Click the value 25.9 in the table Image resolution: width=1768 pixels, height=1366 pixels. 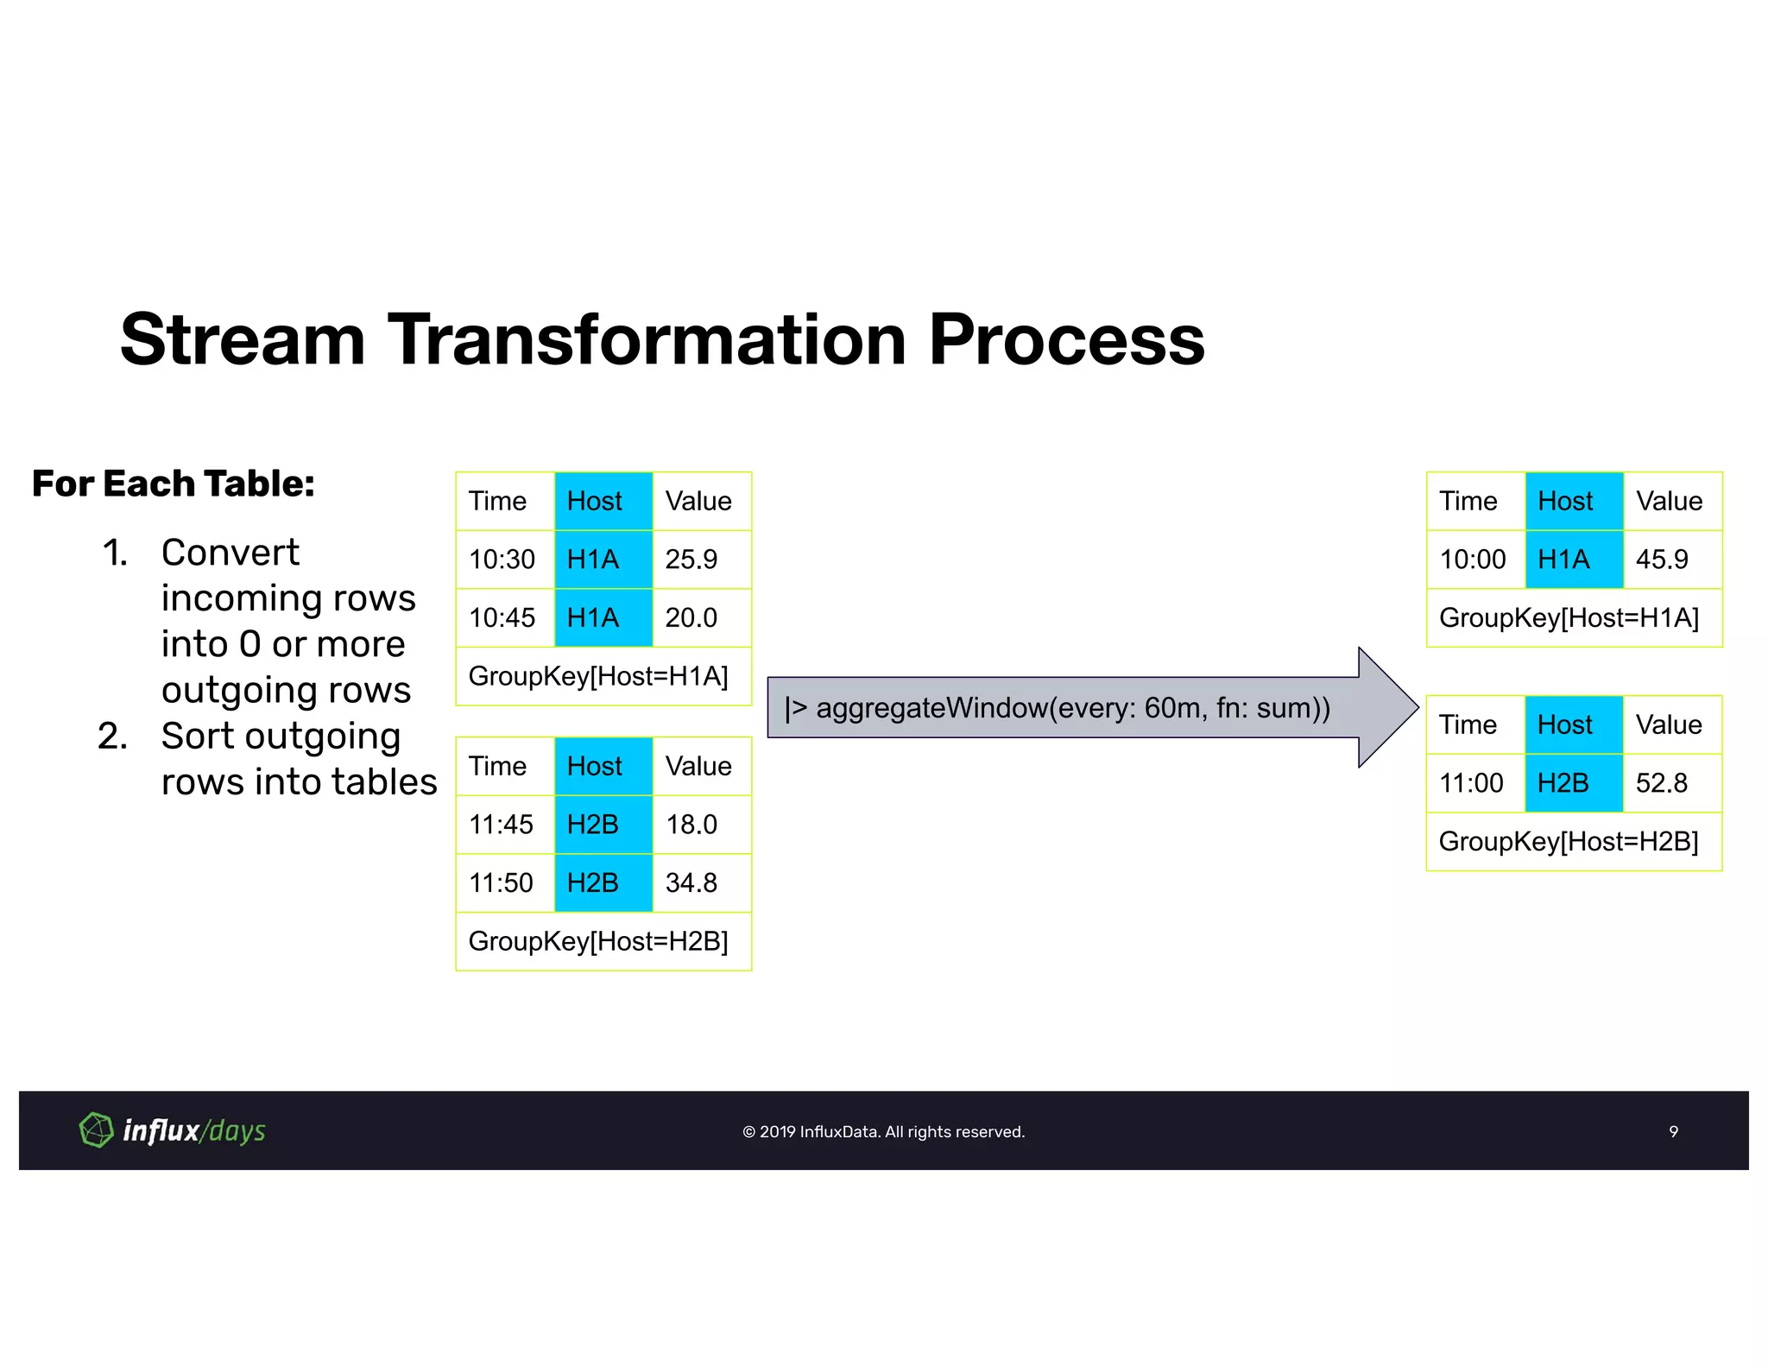(691, 560)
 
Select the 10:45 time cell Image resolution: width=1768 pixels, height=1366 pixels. (502, 618)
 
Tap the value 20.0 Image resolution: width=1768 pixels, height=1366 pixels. (691, 618)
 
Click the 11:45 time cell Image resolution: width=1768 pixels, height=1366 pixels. (501, 825)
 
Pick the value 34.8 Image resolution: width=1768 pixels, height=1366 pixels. (691, 883)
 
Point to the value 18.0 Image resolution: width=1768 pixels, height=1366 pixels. (691, 825)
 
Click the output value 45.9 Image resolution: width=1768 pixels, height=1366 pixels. (1662, 560)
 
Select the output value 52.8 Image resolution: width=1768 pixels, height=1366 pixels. (1662, 783)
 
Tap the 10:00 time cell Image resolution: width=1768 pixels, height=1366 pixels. (1472, 560)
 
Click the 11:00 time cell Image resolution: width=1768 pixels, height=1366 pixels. (1471, 783)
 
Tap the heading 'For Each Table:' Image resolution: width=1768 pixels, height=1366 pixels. (173, 484)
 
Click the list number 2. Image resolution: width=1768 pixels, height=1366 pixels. (112, 737)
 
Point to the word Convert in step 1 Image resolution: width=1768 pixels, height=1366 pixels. (230, 553)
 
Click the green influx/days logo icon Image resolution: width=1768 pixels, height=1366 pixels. (96, 1129)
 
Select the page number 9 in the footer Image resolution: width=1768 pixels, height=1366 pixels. (1673, 1131)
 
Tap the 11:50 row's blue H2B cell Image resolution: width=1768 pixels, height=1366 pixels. (603, 883)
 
